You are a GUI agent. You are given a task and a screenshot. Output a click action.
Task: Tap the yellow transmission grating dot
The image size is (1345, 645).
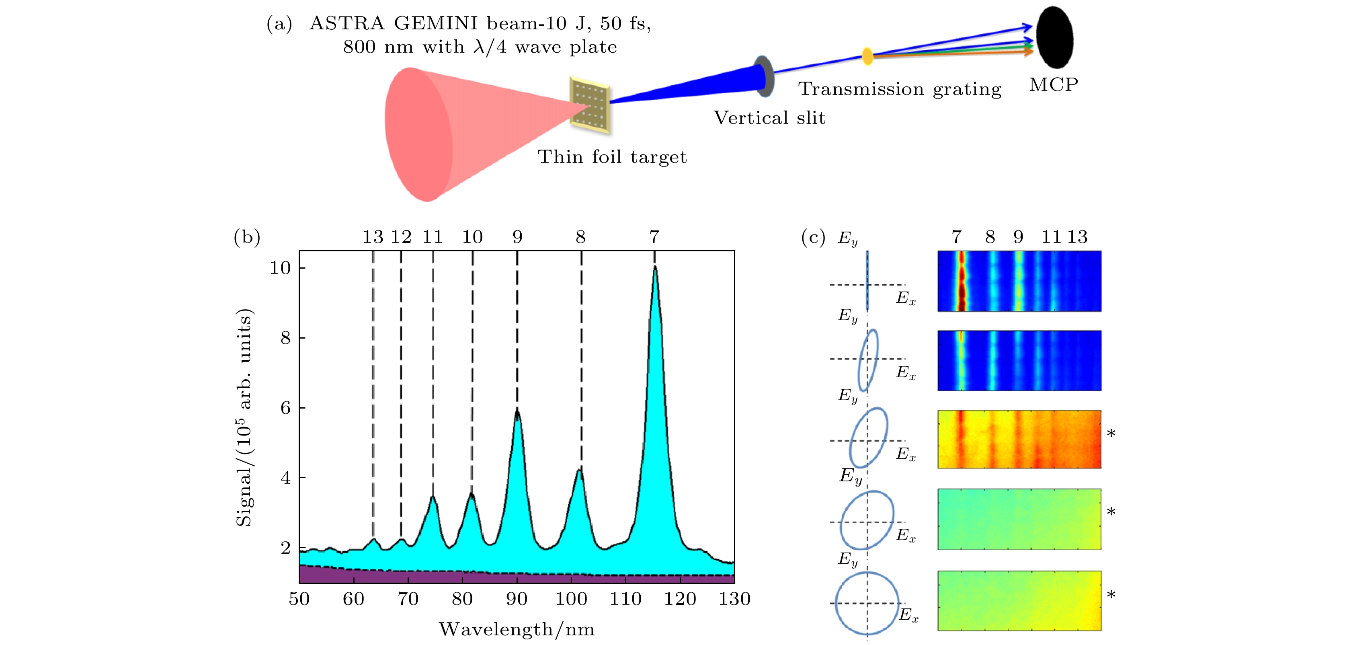click(x=867, y=56)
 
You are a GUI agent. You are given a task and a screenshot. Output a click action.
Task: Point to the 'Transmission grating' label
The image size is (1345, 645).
click(x=900, y=89)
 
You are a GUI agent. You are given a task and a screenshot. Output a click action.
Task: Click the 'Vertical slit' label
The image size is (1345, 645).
click(x=770, y=118)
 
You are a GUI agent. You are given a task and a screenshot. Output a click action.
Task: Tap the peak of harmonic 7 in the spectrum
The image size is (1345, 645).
click(x=655, y=267)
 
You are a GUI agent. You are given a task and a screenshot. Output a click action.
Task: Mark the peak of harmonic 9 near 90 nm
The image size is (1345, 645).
click(x=517, y=411)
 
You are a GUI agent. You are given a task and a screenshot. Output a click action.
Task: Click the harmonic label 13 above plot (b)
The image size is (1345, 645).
click(x=373, y=237)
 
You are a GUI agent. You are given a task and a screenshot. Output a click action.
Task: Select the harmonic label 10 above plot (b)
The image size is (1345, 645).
click(x=473, y=237)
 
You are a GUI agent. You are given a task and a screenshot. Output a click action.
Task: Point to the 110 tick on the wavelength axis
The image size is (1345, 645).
click(x=625, y=598)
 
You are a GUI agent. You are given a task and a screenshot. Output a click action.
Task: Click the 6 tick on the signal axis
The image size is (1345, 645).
click(x=286, y=408)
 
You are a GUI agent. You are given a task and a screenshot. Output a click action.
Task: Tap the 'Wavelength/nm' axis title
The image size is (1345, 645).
click(x=517, y=629)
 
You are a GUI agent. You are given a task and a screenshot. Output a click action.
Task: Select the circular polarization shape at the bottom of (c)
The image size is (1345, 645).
click(x=867, y=603)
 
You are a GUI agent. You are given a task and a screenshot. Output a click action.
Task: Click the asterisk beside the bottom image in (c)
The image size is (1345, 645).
click(x=1111, y=594)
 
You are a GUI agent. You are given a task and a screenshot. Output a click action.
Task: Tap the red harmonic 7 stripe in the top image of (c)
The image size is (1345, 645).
click(x=961, y=281)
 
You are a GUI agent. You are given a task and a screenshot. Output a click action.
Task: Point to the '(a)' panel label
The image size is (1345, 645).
click(x=279, y=24)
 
